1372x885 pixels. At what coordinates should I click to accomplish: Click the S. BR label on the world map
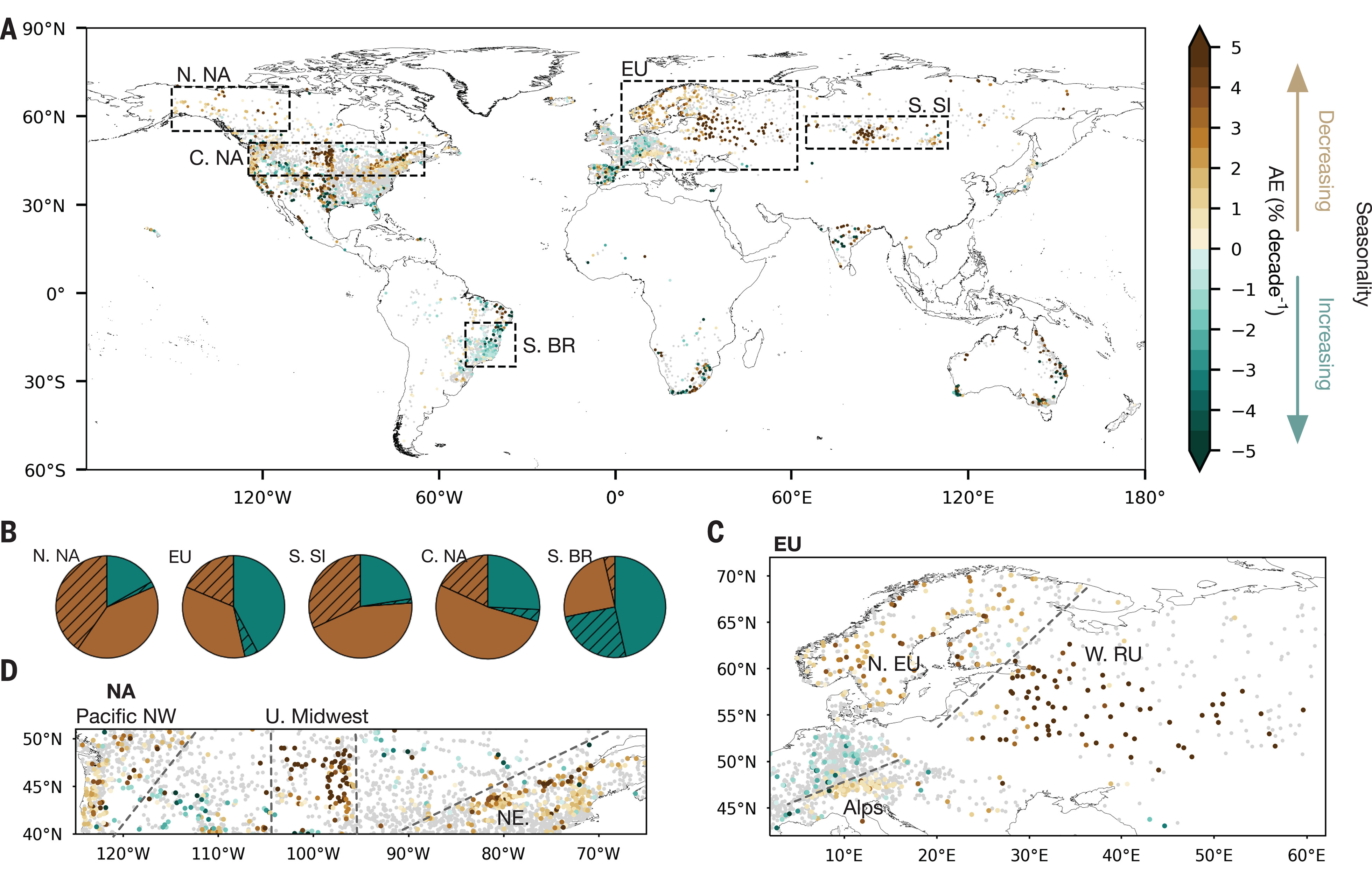pyautogui.click(x=548, y=345)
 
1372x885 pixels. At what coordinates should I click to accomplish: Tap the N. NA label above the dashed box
pyautogui.click(x=203, y=75)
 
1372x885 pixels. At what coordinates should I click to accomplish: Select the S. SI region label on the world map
pyautogui.click(x=929, y=106)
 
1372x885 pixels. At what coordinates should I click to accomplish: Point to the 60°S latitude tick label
pyautogui.click(x=45, y=471)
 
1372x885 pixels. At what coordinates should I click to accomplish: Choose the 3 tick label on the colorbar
pyautogui.click(x=1236, y=128)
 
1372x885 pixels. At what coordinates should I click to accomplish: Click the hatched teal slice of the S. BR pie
pyautogui.click(x=595, y=632)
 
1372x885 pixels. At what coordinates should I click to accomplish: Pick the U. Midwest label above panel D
pyautogui.click(x=317, y=717)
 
